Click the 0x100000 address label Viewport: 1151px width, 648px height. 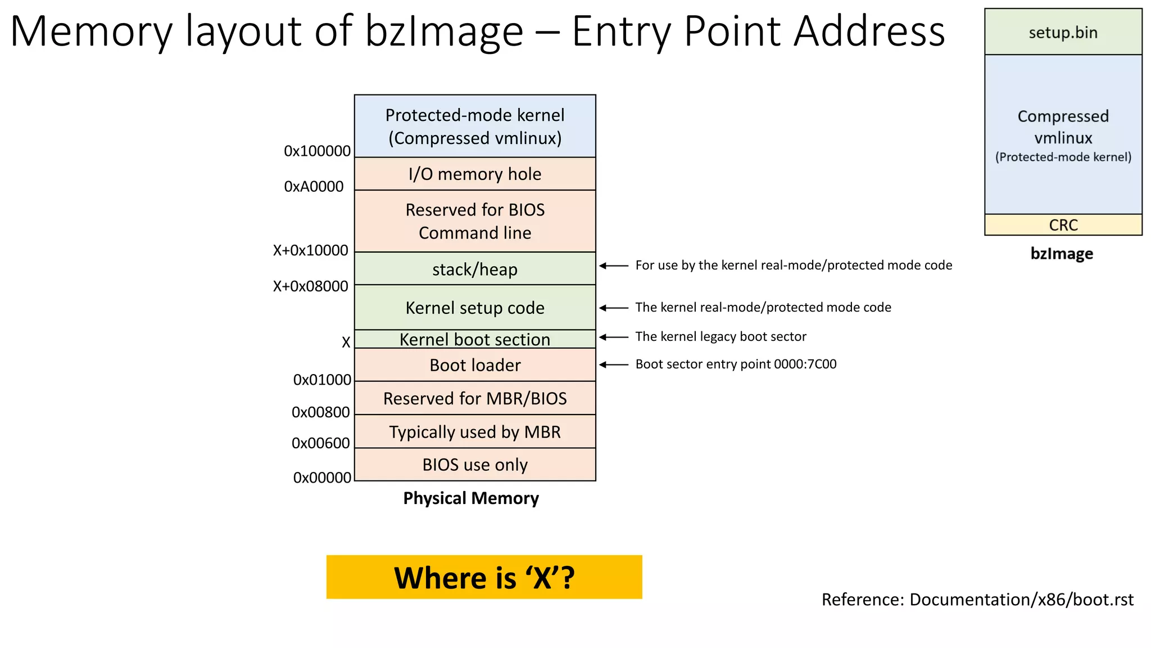click(317, 151)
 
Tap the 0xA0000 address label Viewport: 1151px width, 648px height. click(314, 187)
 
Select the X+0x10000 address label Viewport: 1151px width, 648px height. click(310, 250)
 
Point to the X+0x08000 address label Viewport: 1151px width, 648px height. click(310, 286)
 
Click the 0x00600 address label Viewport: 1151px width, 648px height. click(320, 443)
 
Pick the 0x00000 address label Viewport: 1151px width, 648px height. click(322, 478)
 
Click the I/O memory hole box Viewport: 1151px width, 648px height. click(475, 174)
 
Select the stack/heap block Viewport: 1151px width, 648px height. click(475, 269)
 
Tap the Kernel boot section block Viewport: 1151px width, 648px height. click(475, 339)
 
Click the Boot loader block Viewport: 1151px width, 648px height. click(475, 365)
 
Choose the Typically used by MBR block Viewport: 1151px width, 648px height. click(475, 431)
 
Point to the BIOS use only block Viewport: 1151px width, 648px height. click(475, 465)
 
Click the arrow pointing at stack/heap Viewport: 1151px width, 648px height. click(614, 265)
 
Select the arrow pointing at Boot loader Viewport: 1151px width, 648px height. click(614, 364)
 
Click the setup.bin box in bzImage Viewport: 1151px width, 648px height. click(1063, 33)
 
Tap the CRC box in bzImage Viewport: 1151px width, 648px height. click(1063, 225)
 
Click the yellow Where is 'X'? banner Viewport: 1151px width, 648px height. click(484, 577)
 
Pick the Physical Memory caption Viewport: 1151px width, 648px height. click(471, 498)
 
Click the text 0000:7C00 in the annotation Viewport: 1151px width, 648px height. click(805, 364)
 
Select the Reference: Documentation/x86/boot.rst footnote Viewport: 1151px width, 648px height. click(977, 600)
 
